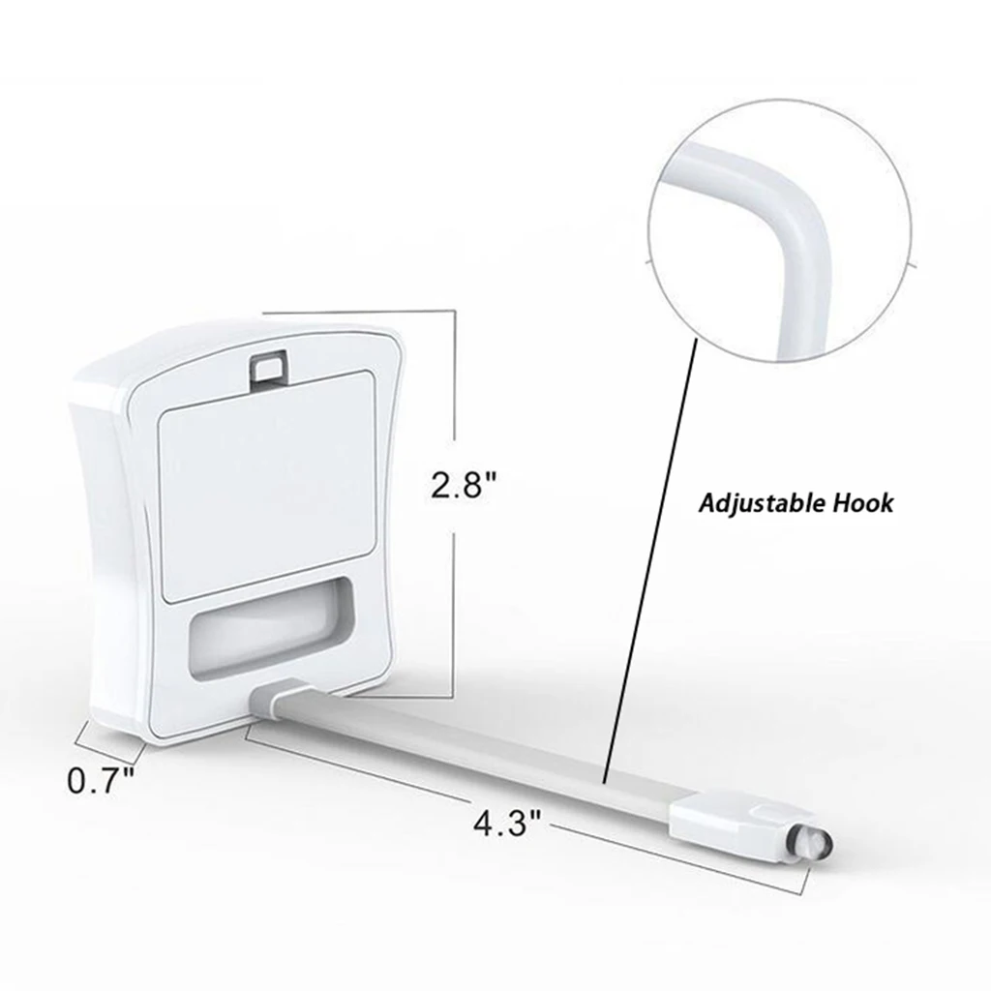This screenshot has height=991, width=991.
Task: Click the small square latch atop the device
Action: click(x=269, y=369)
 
